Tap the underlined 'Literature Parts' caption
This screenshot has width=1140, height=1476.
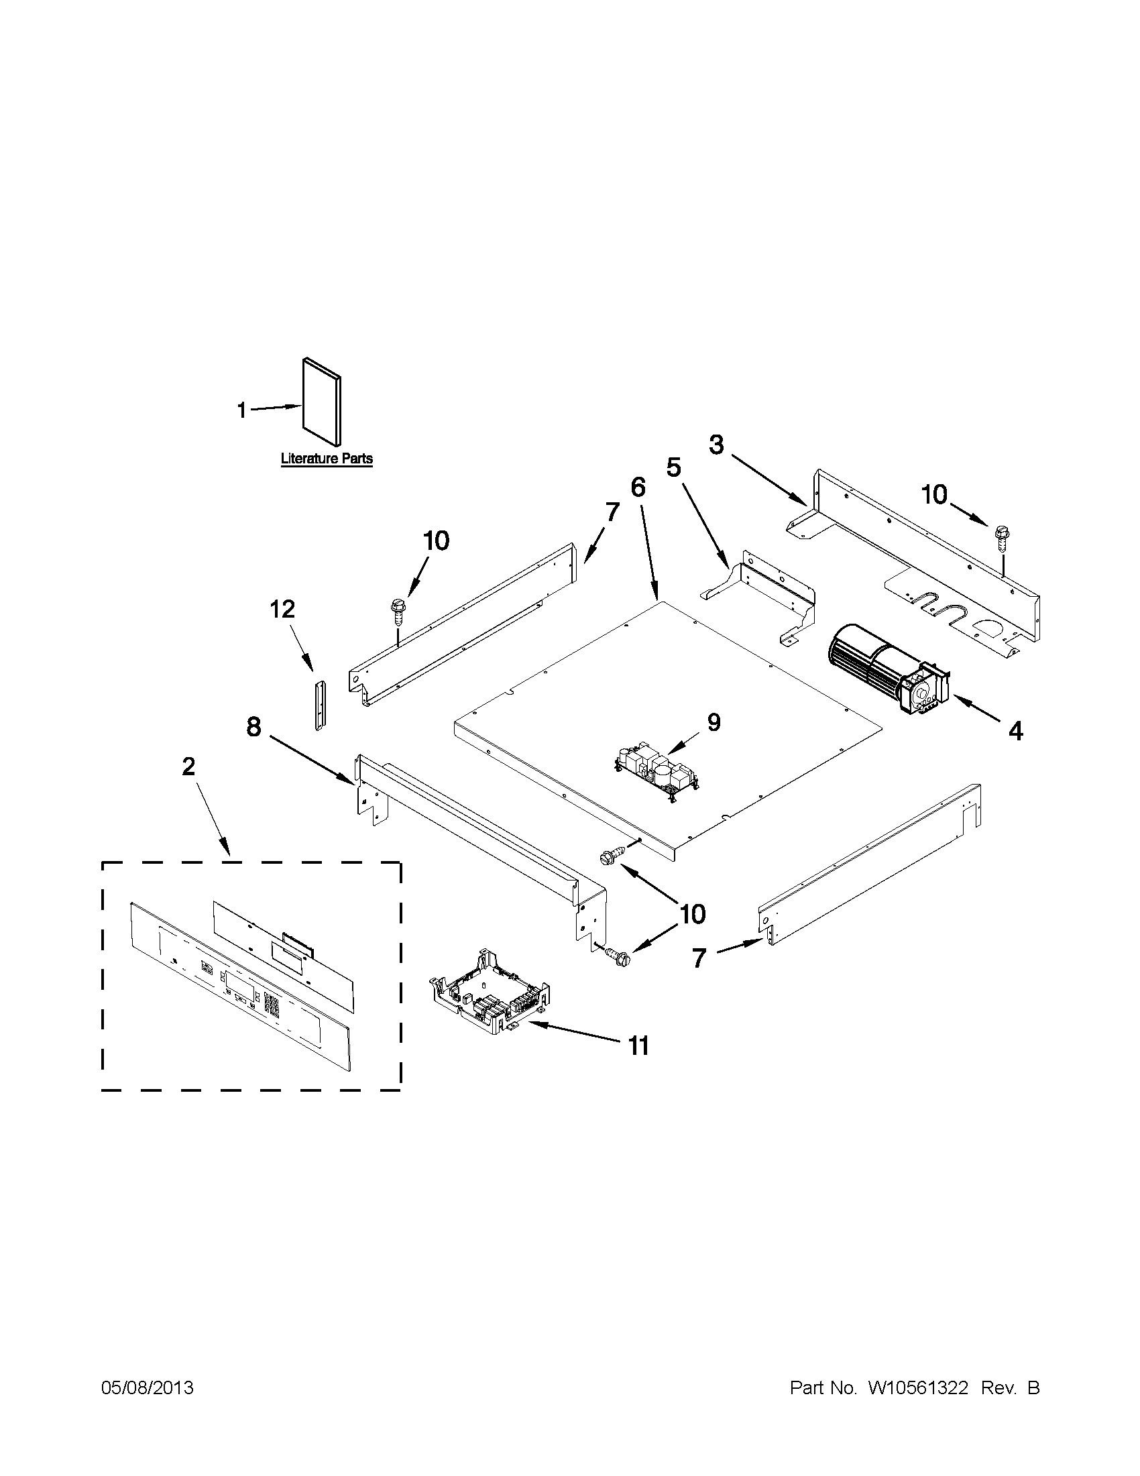coord(327,459)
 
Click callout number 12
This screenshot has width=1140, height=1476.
coord(282,610)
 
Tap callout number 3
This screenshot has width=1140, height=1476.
coord(716,445)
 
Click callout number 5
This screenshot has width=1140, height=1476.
coord(674,467)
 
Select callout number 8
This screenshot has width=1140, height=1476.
coord(254,727)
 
